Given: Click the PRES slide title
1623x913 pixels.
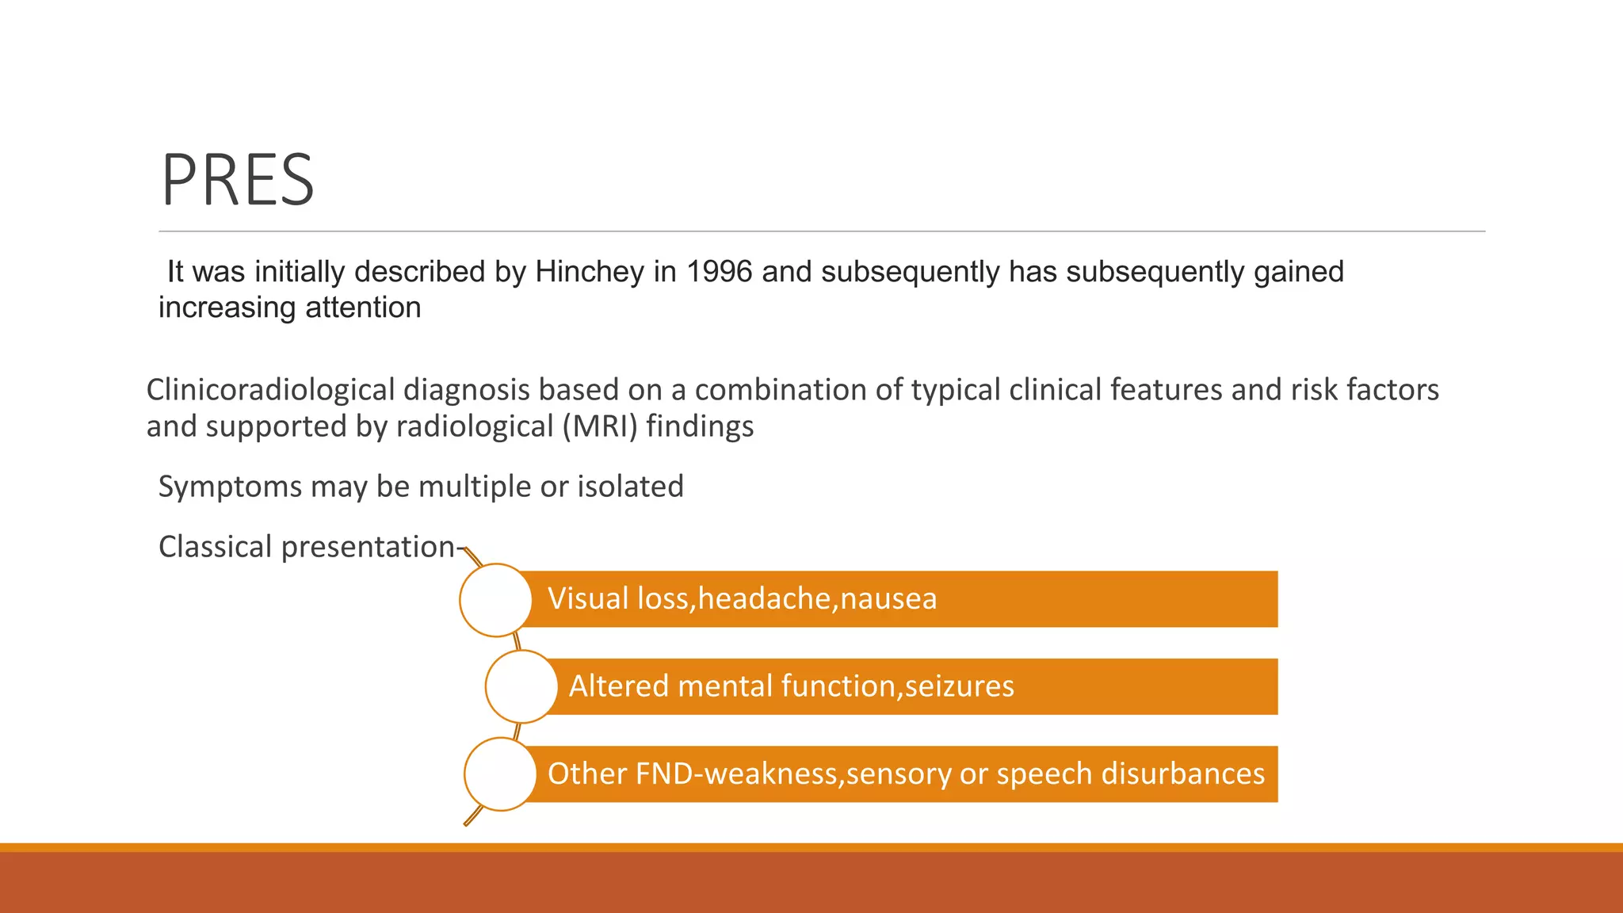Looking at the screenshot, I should (x=238, y=181).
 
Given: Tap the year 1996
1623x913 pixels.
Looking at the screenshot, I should (x=719, y=272).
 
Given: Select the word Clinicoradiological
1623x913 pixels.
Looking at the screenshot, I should (x=270, y=390).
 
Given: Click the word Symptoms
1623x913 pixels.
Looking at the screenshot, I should (x=230, y=487).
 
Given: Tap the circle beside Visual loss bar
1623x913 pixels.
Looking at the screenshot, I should (x=495, y=600).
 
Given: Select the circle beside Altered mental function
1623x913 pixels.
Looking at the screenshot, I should (x=521, y=686).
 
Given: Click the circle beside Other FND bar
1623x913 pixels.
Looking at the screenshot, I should (x=500, y=774).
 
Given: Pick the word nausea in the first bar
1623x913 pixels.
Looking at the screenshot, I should (x=888, y=599).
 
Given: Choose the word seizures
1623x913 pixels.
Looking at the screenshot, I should (x=959, y=686).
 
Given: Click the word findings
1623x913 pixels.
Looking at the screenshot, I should (x=700, y=426).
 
